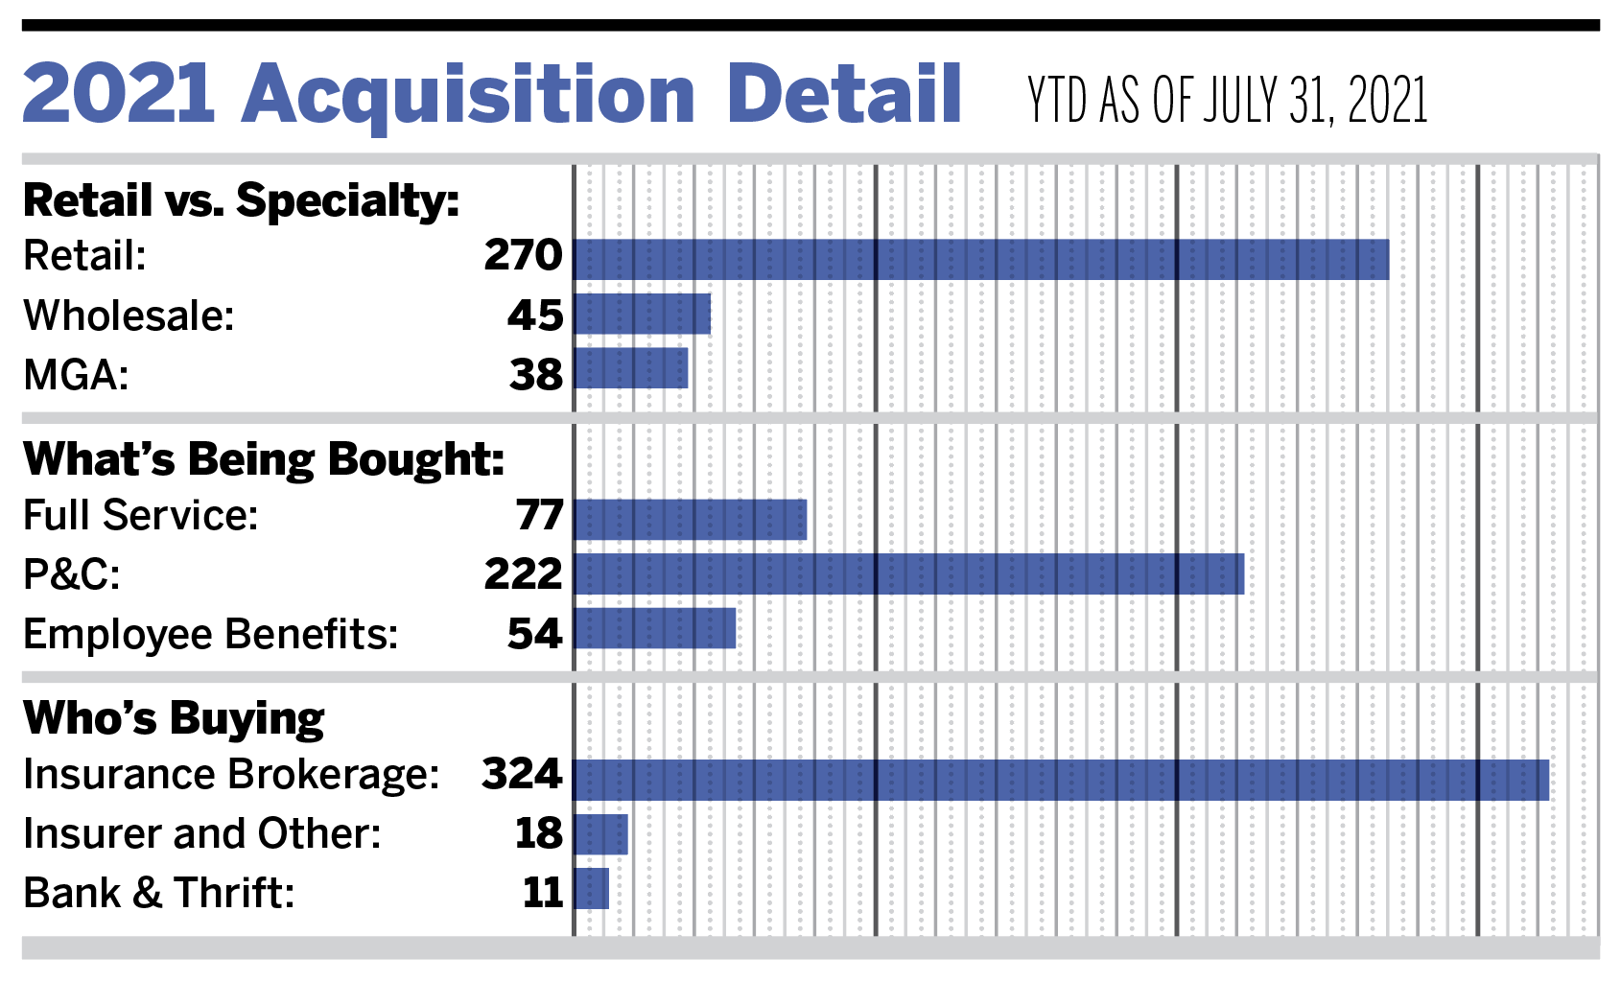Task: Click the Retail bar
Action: [x=980, y=259]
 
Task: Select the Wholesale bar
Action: [x=643, y=315]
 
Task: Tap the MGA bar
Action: [x=631, y=368]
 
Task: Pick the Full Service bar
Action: [x=691, y=520]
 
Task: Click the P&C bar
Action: [x=908, y=573]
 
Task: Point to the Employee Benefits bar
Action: [x=655, y=628]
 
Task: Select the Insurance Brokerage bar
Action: [x=1061, y=780]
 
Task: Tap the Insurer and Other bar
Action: [x=601, y=834]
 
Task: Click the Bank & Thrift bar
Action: [x=592, y=888]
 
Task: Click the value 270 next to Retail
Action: [x=523, y=255]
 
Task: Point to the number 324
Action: [x=522, y=774]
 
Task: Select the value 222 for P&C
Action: [x=523, y=574]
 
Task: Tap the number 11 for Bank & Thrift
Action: [x=543, y=893]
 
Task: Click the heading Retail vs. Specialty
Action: [x=241, y=201]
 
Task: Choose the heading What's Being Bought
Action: [x=264, y=459]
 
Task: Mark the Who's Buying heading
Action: [x=174, y=718]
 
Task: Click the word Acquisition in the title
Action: [x=469, y=95]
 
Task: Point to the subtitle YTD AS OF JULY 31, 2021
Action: [x=1227, y=100]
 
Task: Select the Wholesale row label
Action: [x=129, y=316]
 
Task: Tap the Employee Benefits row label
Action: [x=210, y=634]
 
